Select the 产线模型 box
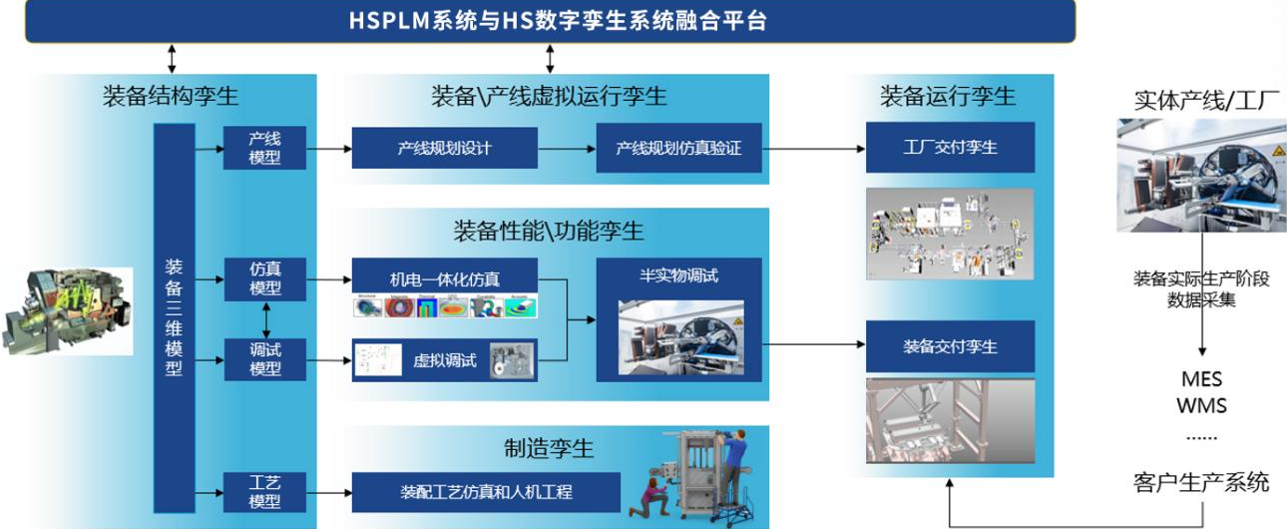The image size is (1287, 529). coord(264,148)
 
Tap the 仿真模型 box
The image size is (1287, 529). coord(264,278)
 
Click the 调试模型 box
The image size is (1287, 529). coord(264,359)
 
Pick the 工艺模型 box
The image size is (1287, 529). coord(264,491)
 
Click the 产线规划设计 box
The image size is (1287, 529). coord(444,148)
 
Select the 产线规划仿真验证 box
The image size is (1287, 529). coord(678,148)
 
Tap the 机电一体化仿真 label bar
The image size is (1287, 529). coord(444,275)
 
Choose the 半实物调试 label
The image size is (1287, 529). coord(678,275)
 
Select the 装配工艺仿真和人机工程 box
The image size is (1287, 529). coord(486,492)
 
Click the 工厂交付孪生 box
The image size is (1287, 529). coord(950,148)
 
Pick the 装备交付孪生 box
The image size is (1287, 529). coord(950,346)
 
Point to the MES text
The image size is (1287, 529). coord(1201,380)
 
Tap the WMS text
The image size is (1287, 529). coord(1201,406)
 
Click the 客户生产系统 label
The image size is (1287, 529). coord(1201,482)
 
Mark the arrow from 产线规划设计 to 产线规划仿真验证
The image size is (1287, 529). coord(567,148)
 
